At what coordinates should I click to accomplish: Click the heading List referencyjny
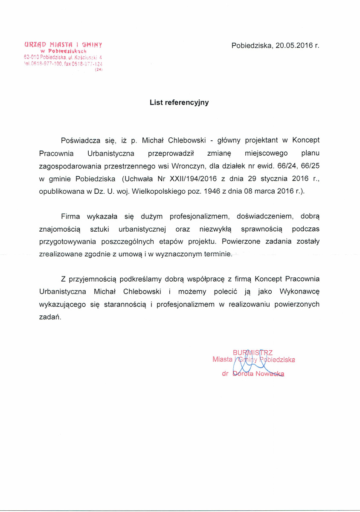pos(179,102)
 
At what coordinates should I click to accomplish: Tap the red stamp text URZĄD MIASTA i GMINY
pos(65,44)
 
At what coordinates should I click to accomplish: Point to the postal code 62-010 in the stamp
pos(31,57)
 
